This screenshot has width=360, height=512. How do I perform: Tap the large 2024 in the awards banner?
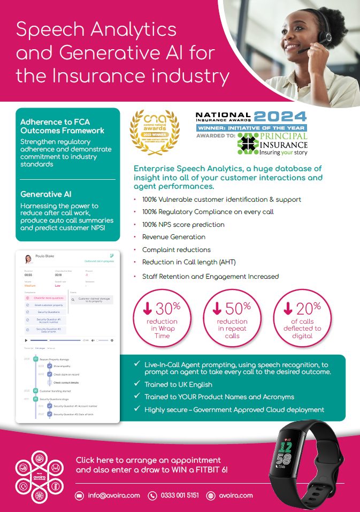(280, 116)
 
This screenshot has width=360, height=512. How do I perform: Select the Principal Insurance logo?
(273, 144)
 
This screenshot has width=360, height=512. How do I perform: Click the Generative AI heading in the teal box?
(46, 194)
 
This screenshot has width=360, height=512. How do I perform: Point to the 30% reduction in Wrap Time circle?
(162, 319)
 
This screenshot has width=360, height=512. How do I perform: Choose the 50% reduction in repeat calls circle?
(232, 319)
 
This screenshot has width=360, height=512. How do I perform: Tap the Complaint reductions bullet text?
(177, 250)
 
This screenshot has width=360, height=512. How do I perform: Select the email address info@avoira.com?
(114, 495)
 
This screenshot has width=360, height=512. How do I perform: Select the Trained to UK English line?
(178, 384)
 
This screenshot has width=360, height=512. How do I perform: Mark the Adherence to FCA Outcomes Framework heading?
(62, 126)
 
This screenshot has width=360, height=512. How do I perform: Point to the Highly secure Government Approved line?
(234, 410)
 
